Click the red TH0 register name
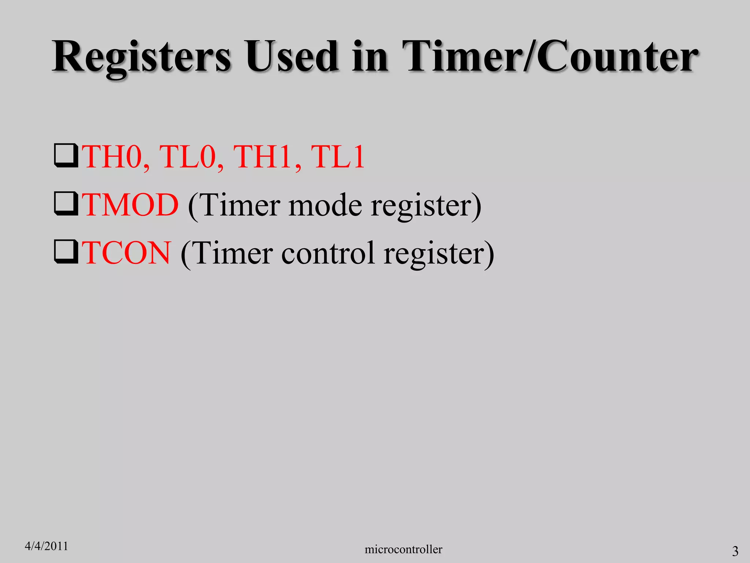[x=114, y=157]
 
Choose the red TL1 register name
[x=338, y=157]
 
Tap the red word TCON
[x=126, y=253]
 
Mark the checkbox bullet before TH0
[x=66, y=156]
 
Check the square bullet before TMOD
[x=66, y=204]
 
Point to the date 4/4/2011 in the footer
[x=46, y=546]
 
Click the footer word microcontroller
[x=403, y=549]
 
